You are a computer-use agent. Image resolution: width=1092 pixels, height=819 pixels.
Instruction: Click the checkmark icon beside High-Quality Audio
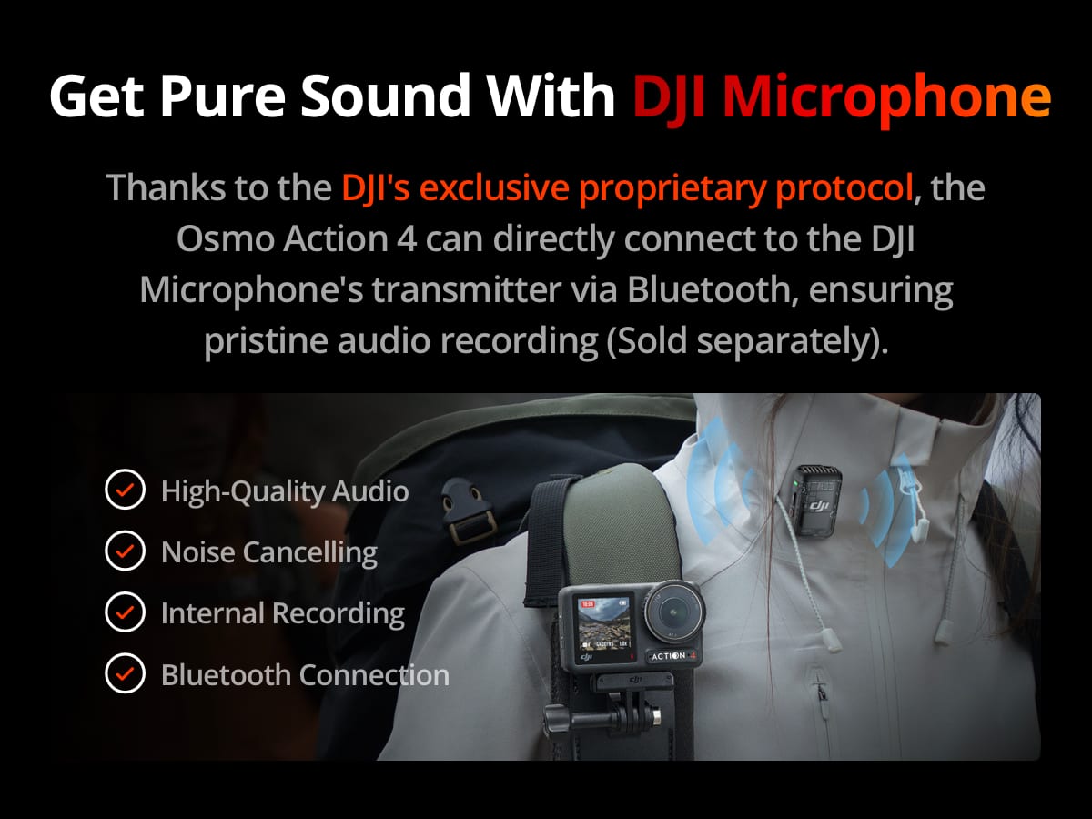tap(125, 491)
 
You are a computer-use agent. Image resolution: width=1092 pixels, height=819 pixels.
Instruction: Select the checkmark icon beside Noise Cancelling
tap(125, 552)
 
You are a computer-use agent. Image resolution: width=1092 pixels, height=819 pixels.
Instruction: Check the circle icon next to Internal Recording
tap(125, 613)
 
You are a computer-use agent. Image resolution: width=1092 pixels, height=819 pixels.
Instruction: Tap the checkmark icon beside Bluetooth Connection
tap(125, 675)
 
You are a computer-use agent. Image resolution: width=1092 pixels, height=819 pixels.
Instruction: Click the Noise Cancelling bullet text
tap(268, 552)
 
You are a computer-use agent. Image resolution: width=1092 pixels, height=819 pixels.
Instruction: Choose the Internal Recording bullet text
tap(282, 613)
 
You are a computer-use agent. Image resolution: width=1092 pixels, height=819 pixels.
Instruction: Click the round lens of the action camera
tap(673, 605)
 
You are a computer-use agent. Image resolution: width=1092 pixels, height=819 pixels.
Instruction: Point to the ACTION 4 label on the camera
tap(672, 655)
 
